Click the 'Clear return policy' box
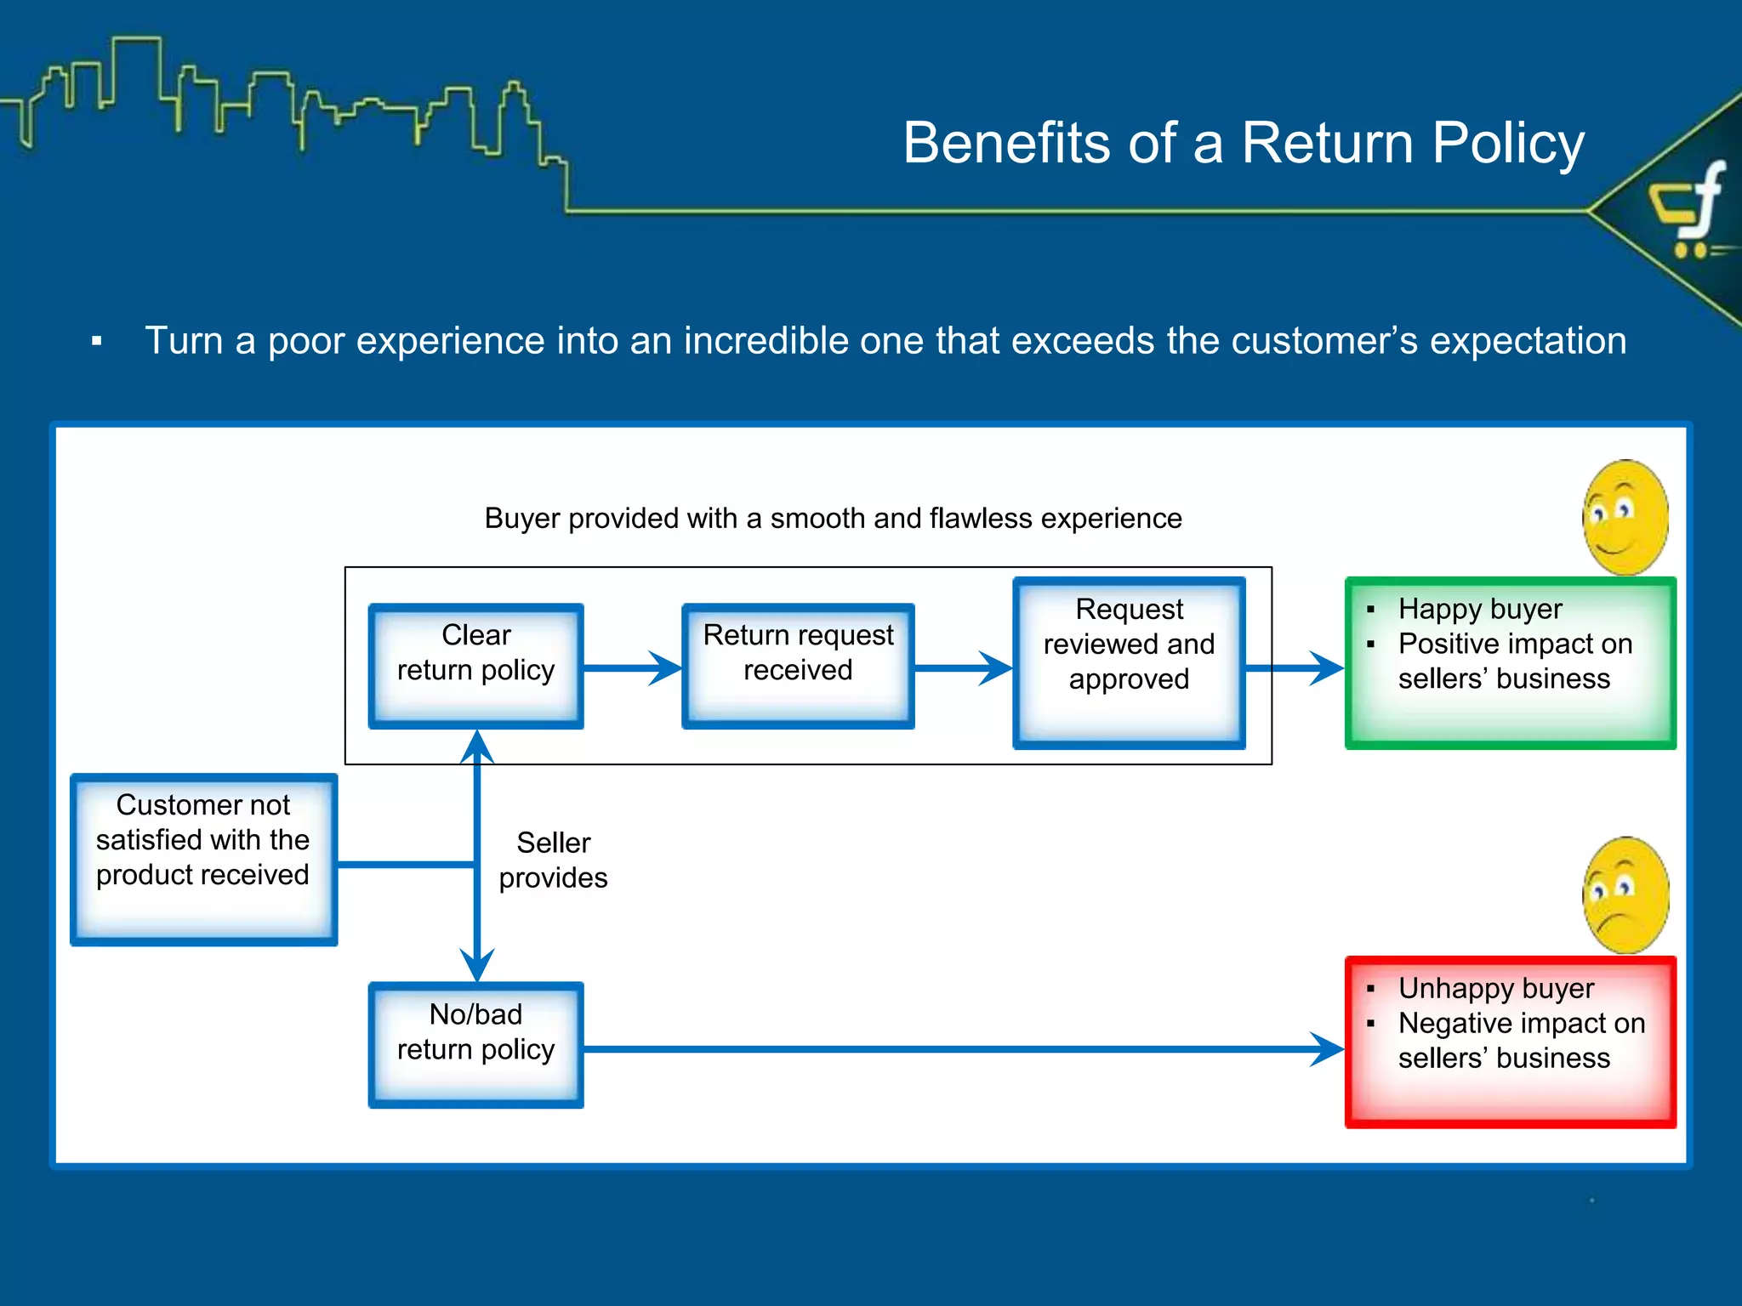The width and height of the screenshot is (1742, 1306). click(x=475, y=665)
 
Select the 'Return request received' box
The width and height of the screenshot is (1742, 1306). click(x=798, y=665)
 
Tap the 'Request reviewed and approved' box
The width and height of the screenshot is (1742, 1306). click(x=1129, y=662)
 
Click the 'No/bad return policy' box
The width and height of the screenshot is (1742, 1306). click(x=475, y=1044)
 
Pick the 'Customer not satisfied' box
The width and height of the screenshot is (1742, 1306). click(x=203, y=859)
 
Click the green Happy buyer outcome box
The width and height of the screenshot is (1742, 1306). click(x=1510, y=662)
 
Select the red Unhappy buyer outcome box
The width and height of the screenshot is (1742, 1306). click(x=1510, y=1042)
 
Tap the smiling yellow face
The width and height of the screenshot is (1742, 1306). click(x=1625, y=518)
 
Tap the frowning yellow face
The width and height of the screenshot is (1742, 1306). click(x=1625, y=894)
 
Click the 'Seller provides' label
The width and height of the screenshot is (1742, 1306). click(x=553, y=860)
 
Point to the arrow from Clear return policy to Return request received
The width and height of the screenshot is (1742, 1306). click(x=633, y=667)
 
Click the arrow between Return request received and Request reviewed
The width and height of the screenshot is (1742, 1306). click(x=963, y=667)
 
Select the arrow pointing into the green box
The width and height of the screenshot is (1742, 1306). click(x=1296, y=667)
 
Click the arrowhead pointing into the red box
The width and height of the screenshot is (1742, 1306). click(x=1327, y=1049)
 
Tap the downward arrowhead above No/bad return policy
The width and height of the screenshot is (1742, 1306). click(x=477, y=966)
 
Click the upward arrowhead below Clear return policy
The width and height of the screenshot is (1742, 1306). click(x=477, y=747)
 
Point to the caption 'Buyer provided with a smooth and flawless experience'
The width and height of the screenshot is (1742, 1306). click(x=833, y=518)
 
